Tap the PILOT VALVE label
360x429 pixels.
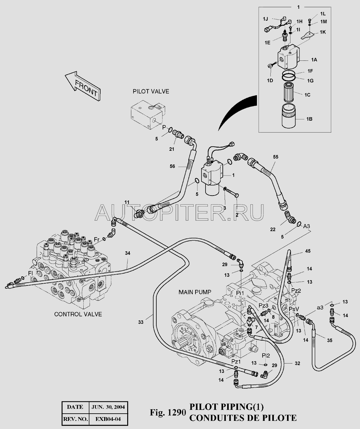[151, 92]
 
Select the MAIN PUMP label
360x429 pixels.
[195, 292]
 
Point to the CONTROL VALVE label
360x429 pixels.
[78, 314]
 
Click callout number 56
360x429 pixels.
[172, 167]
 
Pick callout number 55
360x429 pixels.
[275, 156]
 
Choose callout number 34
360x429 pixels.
[128, 253]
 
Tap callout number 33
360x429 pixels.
[141, 322]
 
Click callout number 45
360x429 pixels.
[308, 251]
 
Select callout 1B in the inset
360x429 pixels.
[309, 119]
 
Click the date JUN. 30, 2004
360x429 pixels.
[108, 407]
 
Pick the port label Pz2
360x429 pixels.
[296, 290]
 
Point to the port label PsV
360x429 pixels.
[294, 309]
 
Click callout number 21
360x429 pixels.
[172, 149]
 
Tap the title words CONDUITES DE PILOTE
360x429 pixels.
[243, 418]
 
